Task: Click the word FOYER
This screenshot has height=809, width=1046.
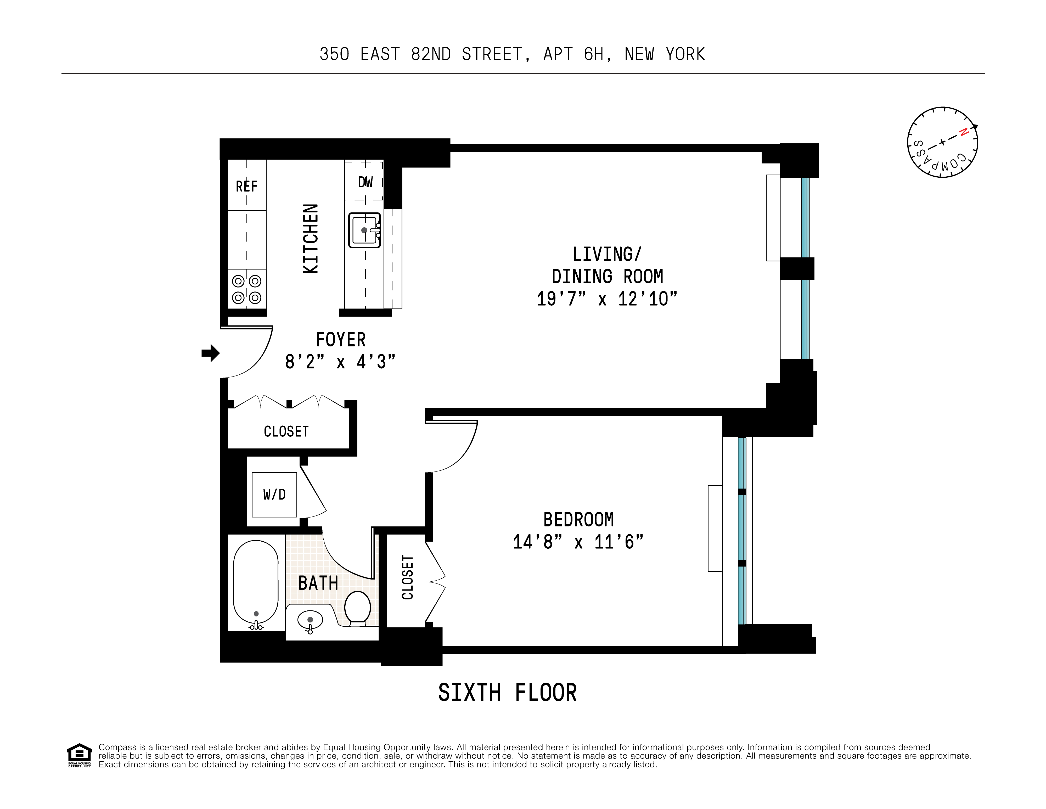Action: [x=341, y=340]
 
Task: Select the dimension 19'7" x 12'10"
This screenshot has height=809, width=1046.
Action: [x=606, y=299]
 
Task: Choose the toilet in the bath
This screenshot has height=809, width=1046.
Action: [x=357, y=607]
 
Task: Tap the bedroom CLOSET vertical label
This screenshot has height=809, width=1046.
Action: [x=407, y=577]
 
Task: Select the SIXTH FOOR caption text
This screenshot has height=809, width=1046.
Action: [x=507, y=693]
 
